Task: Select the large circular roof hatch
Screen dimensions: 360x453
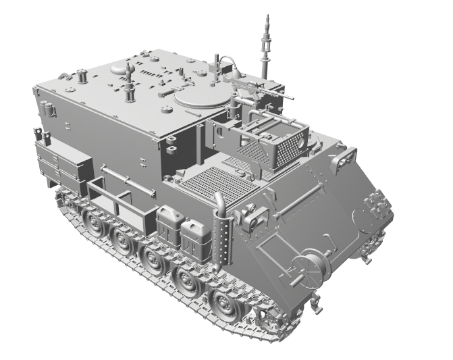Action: click(199, 97)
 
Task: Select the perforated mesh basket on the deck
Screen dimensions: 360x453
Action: click(286, 150)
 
